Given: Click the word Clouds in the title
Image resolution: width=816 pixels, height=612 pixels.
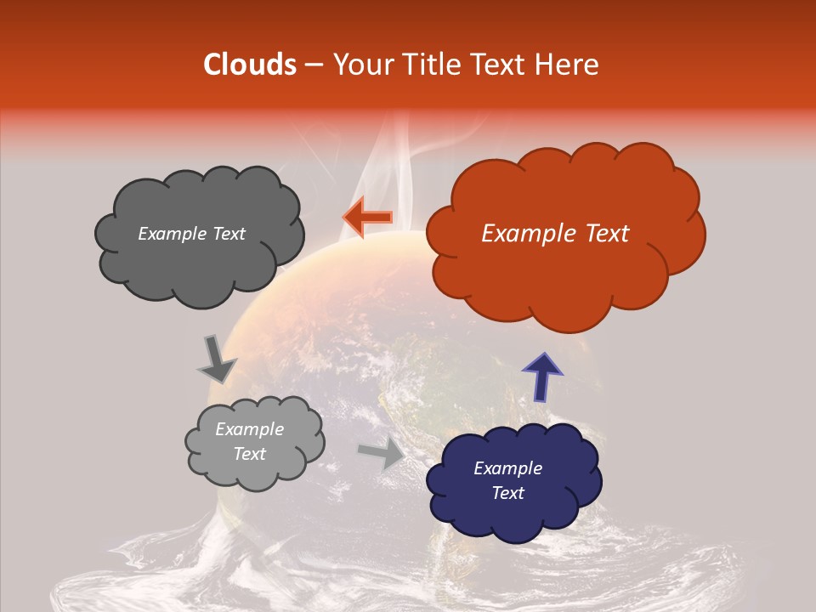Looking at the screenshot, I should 250,65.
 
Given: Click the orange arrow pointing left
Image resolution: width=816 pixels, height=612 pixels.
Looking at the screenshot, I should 367,218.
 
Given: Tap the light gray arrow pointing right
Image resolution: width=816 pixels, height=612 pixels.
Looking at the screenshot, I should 382,453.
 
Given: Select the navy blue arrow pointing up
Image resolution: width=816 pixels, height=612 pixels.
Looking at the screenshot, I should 541,376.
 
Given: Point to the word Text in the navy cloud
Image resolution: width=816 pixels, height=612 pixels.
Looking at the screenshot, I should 507,493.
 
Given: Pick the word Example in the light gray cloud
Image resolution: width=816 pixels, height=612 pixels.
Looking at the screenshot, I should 249,429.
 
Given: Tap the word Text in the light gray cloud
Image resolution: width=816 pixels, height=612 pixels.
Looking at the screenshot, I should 249,454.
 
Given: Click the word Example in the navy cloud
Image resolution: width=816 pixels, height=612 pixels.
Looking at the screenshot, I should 507,468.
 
